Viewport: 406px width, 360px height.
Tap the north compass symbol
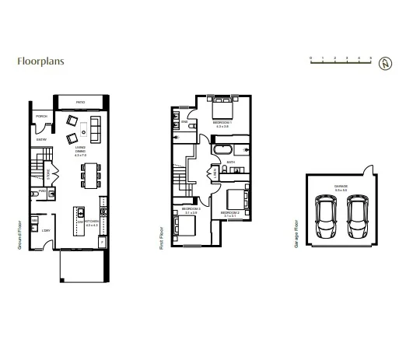(383, 63)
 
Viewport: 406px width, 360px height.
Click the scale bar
(341, 61)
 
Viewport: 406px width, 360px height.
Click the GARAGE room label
(341, 187)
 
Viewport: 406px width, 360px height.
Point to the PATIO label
(80, 103)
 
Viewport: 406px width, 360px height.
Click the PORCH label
(42, 117)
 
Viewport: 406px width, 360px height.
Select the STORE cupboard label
(48, 175)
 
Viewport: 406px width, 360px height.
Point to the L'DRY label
(47, 230)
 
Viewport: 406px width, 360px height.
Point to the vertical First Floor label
(161, 232)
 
